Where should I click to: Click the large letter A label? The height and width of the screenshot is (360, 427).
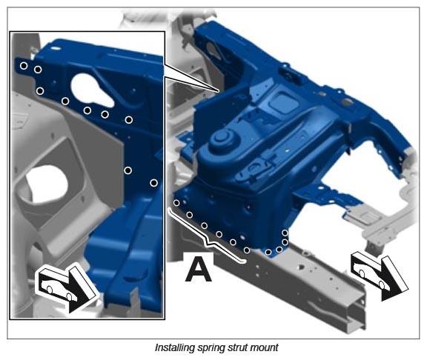tap(198, 270)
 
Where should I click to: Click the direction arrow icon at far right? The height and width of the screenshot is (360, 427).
tap(380, 276)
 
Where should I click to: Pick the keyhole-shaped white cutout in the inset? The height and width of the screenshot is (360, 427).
tap(91, 90)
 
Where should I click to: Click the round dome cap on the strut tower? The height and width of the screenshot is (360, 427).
tap(222, 138)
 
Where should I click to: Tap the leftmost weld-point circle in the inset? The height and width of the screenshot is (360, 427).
tap(24, 66)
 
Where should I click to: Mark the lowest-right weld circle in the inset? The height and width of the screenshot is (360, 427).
tap(153, 183)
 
